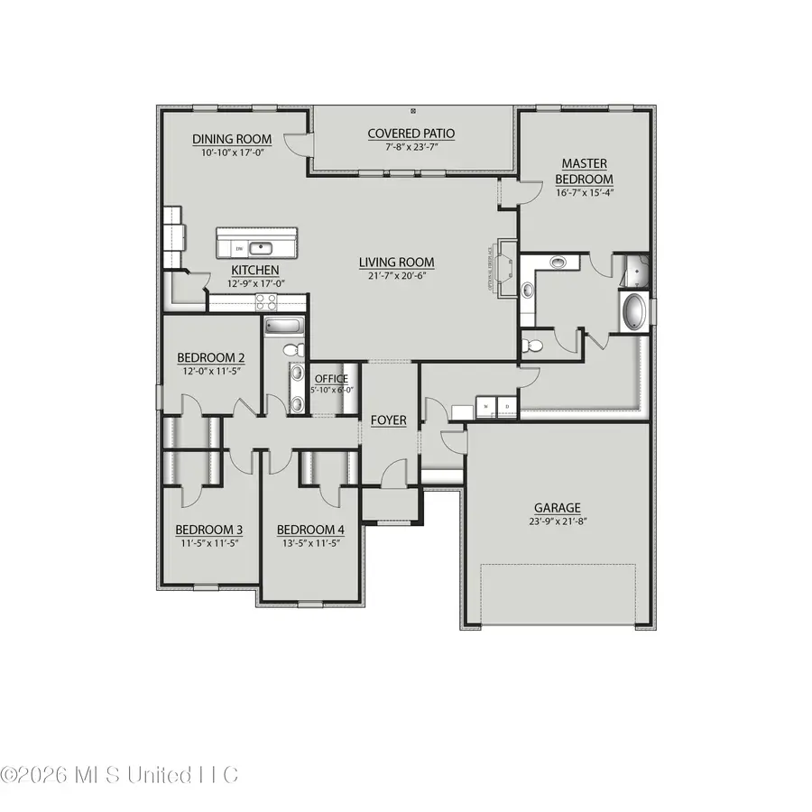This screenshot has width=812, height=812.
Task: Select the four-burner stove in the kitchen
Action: (x=267, y=302)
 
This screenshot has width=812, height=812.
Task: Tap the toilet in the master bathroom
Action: (x=533, y=345)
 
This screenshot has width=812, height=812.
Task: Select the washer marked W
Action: (x=488, y=408)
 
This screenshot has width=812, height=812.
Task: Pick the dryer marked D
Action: (x=507, y=408)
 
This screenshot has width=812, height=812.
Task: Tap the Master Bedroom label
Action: (x=585, y=171)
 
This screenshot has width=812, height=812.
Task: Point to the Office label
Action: (x=331, y=379)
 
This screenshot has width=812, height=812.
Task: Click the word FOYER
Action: (x=388, y=420)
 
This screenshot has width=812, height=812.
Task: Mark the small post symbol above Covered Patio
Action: (x=413, y=111)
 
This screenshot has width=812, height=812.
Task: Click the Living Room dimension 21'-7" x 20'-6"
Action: (x=396, y=277)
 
